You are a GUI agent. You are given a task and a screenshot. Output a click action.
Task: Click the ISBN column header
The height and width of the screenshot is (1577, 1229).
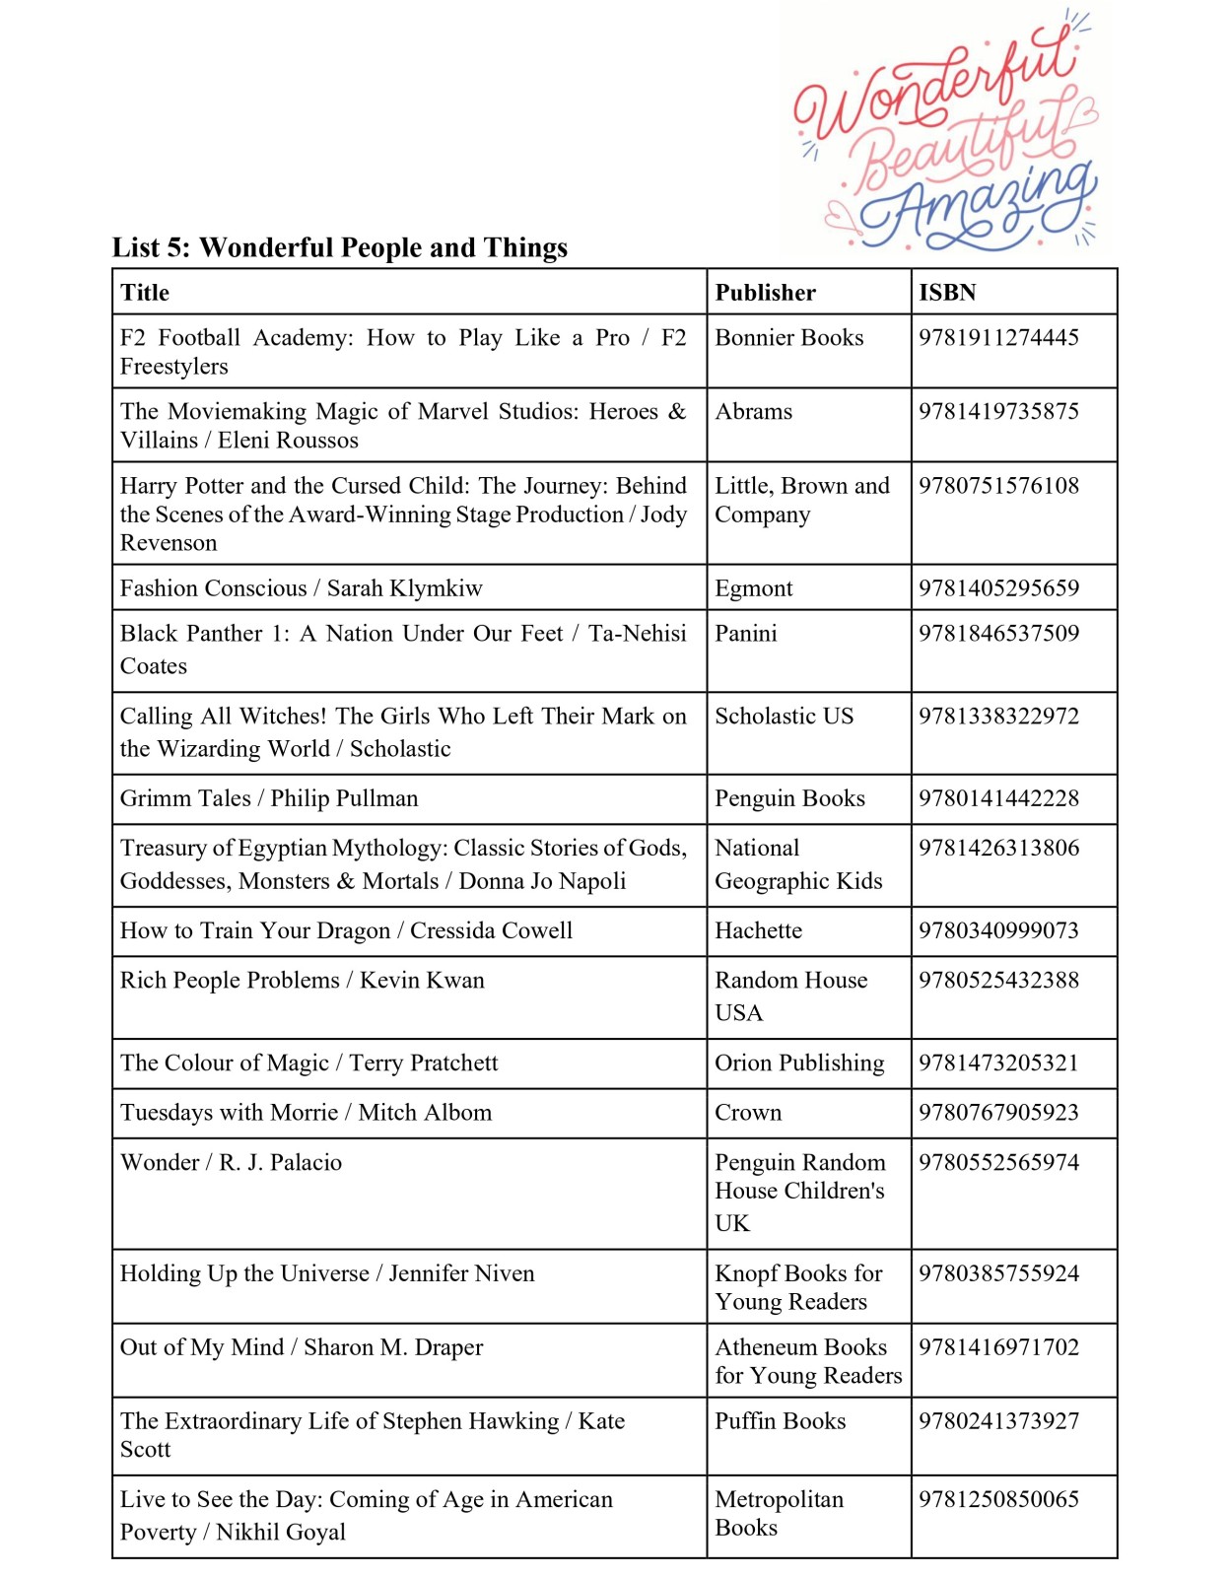coord(947,293)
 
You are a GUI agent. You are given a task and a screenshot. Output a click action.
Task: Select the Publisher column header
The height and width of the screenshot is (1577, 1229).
coord(765,293)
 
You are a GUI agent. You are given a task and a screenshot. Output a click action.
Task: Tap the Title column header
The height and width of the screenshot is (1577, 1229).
coord(145,293)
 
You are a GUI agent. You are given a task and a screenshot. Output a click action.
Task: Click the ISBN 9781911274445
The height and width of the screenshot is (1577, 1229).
coord(998,338)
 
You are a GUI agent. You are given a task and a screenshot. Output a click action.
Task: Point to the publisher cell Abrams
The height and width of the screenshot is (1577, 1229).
coord(753,412)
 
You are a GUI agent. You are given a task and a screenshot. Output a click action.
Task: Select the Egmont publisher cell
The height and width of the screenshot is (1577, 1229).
coord(753,588)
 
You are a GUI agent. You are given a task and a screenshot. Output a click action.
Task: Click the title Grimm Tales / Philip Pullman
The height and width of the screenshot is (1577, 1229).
coord(269,798)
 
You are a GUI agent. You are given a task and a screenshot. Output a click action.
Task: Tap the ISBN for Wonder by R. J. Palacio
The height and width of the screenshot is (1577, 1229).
coord(998,1163)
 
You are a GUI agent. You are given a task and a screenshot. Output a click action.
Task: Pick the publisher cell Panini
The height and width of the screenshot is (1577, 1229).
coord(745,634)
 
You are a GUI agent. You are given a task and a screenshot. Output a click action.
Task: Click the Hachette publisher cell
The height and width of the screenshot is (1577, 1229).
coord(758,930)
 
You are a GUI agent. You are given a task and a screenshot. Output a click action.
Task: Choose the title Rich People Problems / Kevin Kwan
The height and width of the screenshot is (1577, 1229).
coord(302,981)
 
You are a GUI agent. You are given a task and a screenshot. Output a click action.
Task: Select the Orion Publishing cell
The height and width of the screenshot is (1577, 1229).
coord(799,1063)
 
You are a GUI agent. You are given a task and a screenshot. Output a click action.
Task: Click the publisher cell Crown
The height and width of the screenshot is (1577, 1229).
coord(748,1113)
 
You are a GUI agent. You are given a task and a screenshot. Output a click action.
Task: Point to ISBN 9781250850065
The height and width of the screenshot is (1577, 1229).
coord(998,1499)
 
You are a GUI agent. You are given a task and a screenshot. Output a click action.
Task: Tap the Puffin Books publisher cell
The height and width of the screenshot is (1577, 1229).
coord(780,1421)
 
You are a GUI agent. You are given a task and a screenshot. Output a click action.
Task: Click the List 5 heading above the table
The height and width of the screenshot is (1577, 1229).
coord(339,247)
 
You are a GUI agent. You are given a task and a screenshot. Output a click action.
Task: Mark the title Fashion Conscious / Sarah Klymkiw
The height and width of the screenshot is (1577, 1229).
coord(301,588)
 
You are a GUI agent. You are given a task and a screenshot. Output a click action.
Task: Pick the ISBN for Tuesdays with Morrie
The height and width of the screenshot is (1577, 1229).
coord(998,1113)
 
